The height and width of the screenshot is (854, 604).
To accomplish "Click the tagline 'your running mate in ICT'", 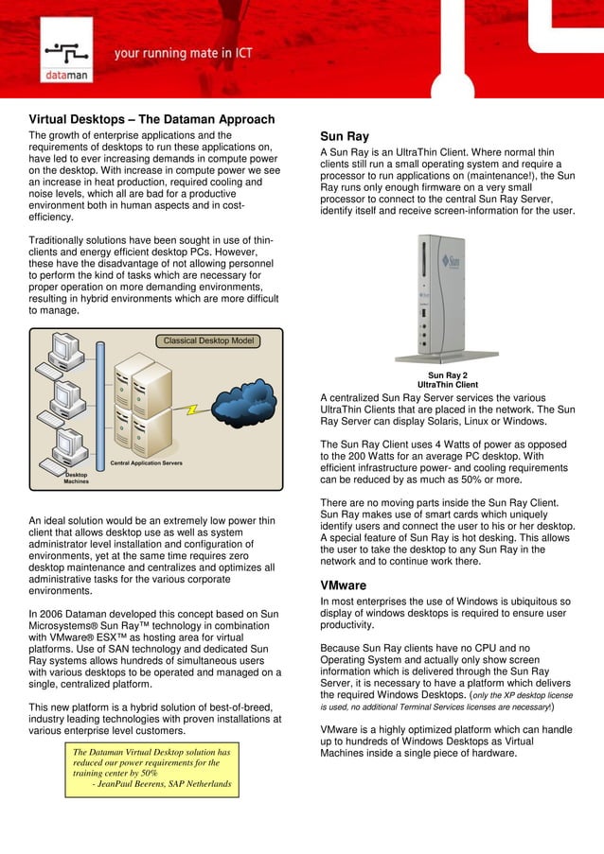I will [184, 54].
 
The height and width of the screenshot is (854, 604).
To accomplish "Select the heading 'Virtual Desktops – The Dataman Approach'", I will [151, 119].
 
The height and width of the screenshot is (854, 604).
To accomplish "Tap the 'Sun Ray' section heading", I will [345, 136].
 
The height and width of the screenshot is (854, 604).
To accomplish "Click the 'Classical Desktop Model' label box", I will [208, 340].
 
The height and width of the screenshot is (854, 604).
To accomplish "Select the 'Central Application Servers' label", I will [147, 462].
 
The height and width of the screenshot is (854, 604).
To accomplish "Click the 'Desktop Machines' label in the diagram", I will [77, 478].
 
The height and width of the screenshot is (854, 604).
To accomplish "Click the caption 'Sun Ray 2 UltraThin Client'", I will [448, 380].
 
